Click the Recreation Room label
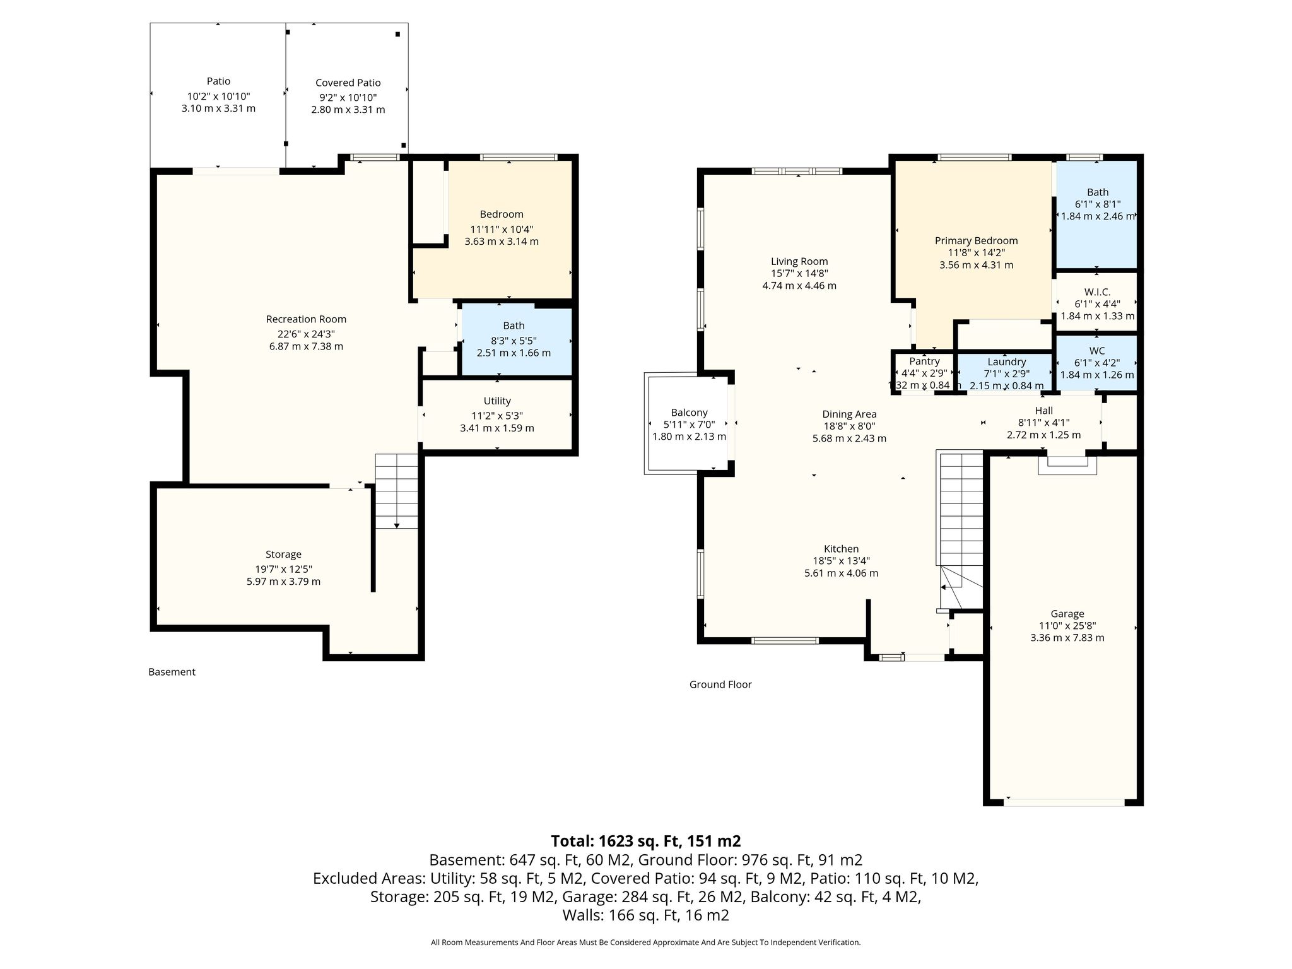coord(306,319)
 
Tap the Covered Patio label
coord(348,83)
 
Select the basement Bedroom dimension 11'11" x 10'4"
coord(502,229)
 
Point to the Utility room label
coord(497,401)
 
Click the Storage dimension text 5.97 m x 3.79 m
coord(283,582)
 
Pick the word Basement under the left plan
coord(172,672)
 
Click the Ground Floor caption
coord(720,684)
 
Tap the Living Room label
coord(799,261)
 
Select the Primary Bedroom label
coord(976,241)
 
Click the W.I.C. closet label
coord(1097,292)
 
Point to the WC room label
coord(1097,351)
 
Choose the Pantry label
coord(924,361)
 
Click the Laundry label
coord(1006,362)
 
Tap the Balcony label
coord(689,413)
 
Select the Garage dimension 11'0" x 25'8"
coord(1067,626)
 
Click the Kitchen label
coord(841,549)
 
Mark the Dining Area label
coord(849,414)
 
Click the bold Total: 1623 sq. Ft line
coord(646,841)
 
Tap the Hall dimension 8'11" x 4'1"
coord(1043,423)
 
